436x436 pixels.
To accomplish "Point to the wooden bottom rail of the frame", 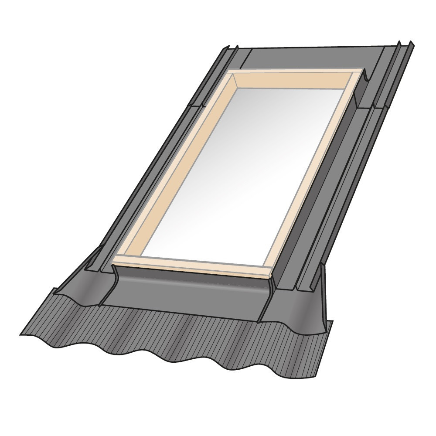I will (x=192, y=265).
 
